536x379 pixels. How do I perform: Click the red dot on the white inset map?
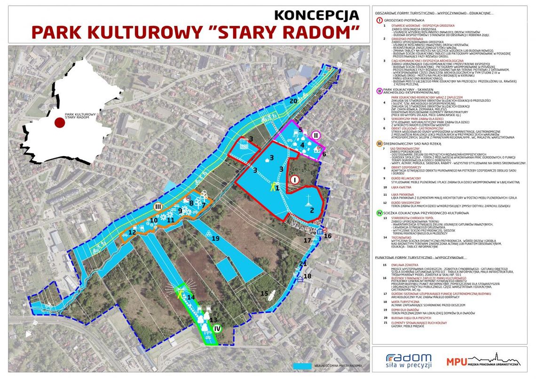click(60, 123)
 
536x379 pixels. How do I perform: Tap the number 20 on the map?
click(293, 101)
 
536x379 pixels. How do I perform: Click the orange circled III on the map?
click(158, 206)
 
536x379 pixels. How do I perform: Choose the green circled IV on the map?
click(216, 329)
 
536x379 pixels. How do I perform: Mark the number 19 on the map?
click(215, 238)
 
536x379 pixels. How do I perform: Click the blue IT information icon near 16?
click(319, 232)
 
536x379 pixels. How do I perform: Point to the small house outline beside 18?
click(300, 278)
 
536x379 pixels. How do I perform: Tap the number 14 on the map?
click(191, 297)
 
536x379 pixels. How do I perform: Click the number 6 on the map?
click(323, 153)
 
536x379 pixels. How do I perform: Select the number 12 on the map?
click(132, 232)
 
